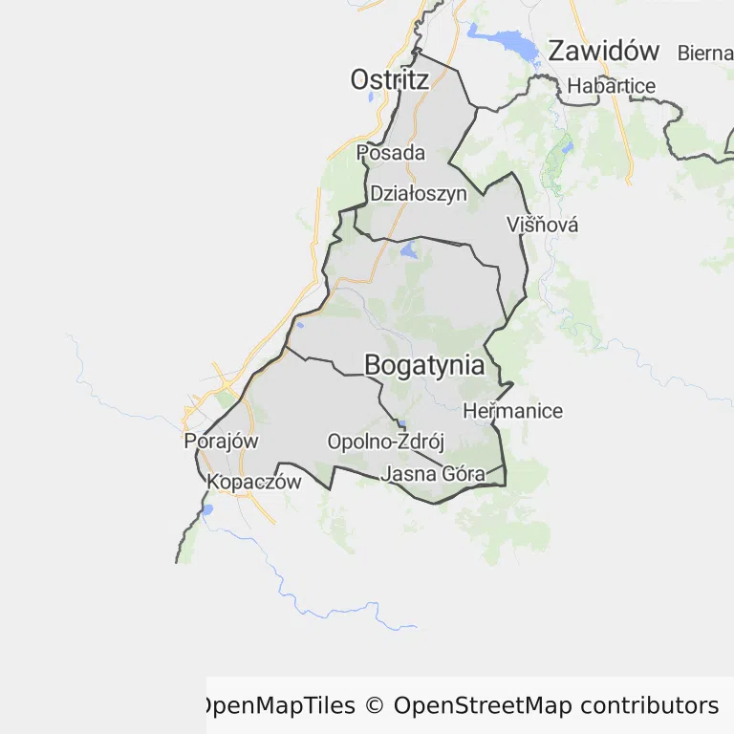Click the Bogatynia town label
(x=424, y=365)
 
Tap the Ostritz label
(x=389, y=79)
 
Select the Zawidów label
(x=604, y=52)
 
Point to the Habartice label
(x=612, y=86)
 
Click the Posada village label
(x=391, y=153)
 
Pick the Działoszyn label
(x=419, y=193)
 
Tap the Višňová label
(x=543, y=226)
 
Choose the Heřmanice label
(x=512, y=412)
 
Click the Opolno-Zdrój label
(x=386, y=443)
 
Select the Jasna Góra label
(x=433, y=473)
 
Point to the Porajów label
(x=221, y=442)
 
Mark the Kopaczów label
(x=254, y=482)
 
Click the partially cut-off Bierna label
(x=705, y=53)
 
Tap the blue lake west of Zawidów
(x=504, y=43)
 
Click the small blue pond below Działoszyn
(x=409, y=252)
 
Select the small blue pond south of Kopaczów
(x=206, y=509)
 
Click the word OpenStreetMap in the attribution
(x=483, y=706)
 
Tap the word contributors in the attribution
(x=649, y=706)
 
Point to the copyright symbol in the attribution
(x=374, y=706)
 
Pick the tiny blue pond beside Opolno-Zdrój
(x=402, y=424)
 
